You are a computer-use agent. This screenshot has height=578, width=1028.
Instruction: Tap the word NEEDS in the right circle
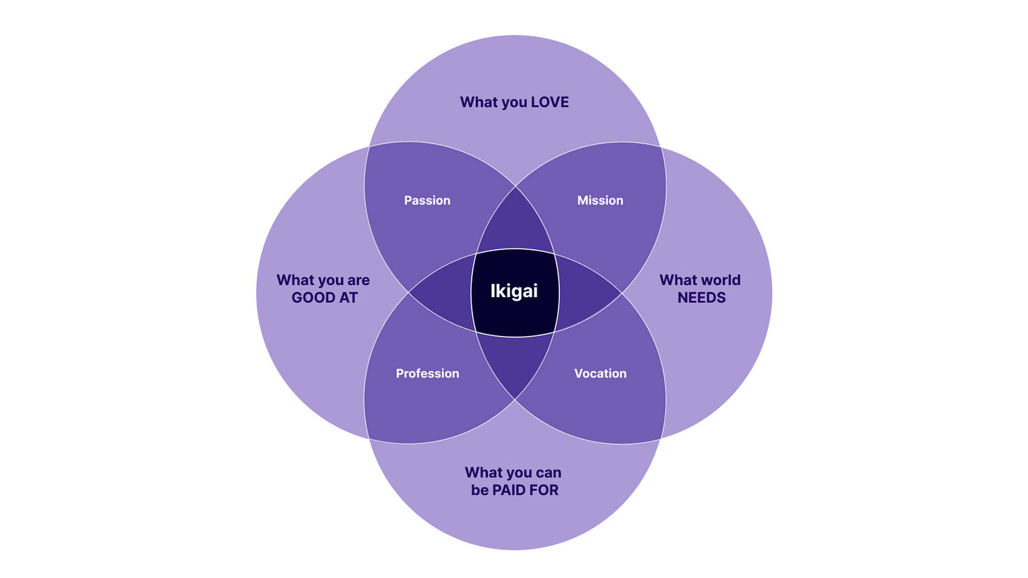(701, 298)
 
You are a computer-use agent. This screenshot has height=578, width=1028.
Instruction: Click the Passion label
(427, 200)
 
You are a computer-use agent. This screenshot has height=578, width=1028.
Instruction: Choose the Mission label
(600, 200)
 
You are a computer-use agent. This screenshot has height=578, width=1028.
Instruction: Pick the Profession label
(427, 373)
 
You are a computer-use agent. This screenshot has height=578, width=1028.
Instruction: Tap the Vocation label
(600, 373)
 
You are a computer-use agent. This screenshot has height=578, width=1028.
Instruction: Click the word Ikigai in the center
(514, 291)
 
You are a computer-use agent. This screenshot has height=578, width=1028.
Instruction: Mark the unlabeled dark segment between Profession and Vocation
(515, 363)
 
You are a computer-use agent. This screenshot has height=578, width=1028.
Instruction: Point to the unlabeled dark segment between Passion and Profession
(443, 292)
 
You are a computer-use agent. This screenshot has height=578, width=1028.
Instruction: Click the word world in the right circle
(720, 280)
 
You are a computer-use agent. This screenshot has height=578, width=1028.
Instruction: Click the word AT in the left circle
(348, 298)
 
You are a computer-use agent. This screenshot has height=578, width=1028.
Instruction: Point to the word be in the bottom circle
(479, 490)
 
